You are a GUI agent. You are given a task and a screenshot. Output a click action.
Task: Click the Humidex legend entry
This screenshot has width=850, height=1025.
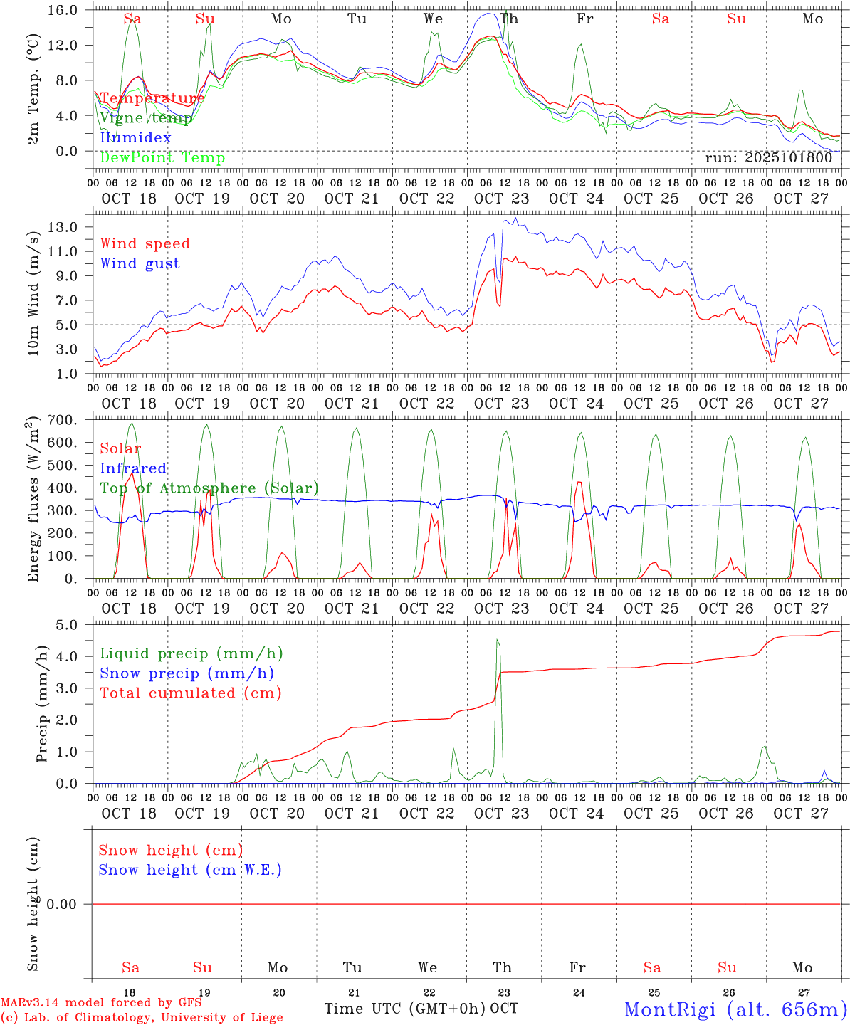click(135, 137)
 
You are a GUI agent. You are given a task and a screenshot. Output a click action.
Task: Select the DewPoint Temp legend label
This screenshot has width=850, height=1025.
click(162, 157)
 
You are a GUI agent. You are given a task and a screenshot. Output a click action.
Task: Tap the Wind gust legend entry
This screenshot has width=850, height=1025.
click(140, 263)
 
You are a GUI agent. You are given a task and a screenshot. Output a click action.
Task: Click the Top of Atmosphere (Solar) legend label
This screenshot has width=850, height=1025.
click(209, 488)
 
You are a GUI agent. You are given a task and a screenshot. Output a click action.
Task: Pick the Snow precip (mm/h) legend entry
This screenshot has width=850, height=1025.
click(187, 673)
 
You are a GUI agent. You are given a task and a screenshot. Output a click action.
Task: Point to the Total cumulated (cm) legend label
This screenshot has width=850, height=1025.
click(190, 693)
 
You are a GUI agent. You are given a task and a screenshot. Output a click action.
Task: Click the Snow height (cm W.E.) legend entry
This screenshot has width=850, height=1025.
click(189, 870)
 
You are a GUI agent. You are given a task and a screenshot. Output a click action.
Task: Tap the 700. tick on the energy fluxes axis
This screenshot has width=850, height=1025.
click(61, 420)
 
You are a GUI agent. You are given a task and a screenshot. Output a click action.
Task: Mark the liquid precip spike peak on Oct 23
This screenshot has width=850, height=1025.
click(498, 640)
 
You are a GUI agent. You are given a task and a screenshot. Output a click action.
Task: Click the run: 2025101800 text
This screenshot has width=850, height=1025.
click(768, 157)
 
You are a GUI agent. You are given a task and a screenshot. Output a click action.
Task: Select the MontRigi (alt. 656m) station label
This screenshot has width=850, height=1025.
click(735, 1009)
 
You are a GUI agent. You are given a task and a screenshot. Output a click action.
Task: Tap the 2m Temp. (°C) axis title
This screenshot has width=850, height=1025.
click(33, 88)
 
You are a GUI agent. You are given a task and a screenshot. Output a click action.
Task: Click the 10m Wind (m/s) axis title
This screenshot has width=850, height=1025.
click(33, 292)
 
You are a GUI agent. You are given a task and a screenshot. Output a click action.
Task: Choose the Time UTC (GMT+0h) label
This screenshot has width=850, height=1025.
click(405, 1009)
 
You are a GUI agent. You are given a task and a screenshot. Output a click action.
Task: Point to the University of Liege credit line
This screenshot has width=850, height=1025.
click(142, 1017)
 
